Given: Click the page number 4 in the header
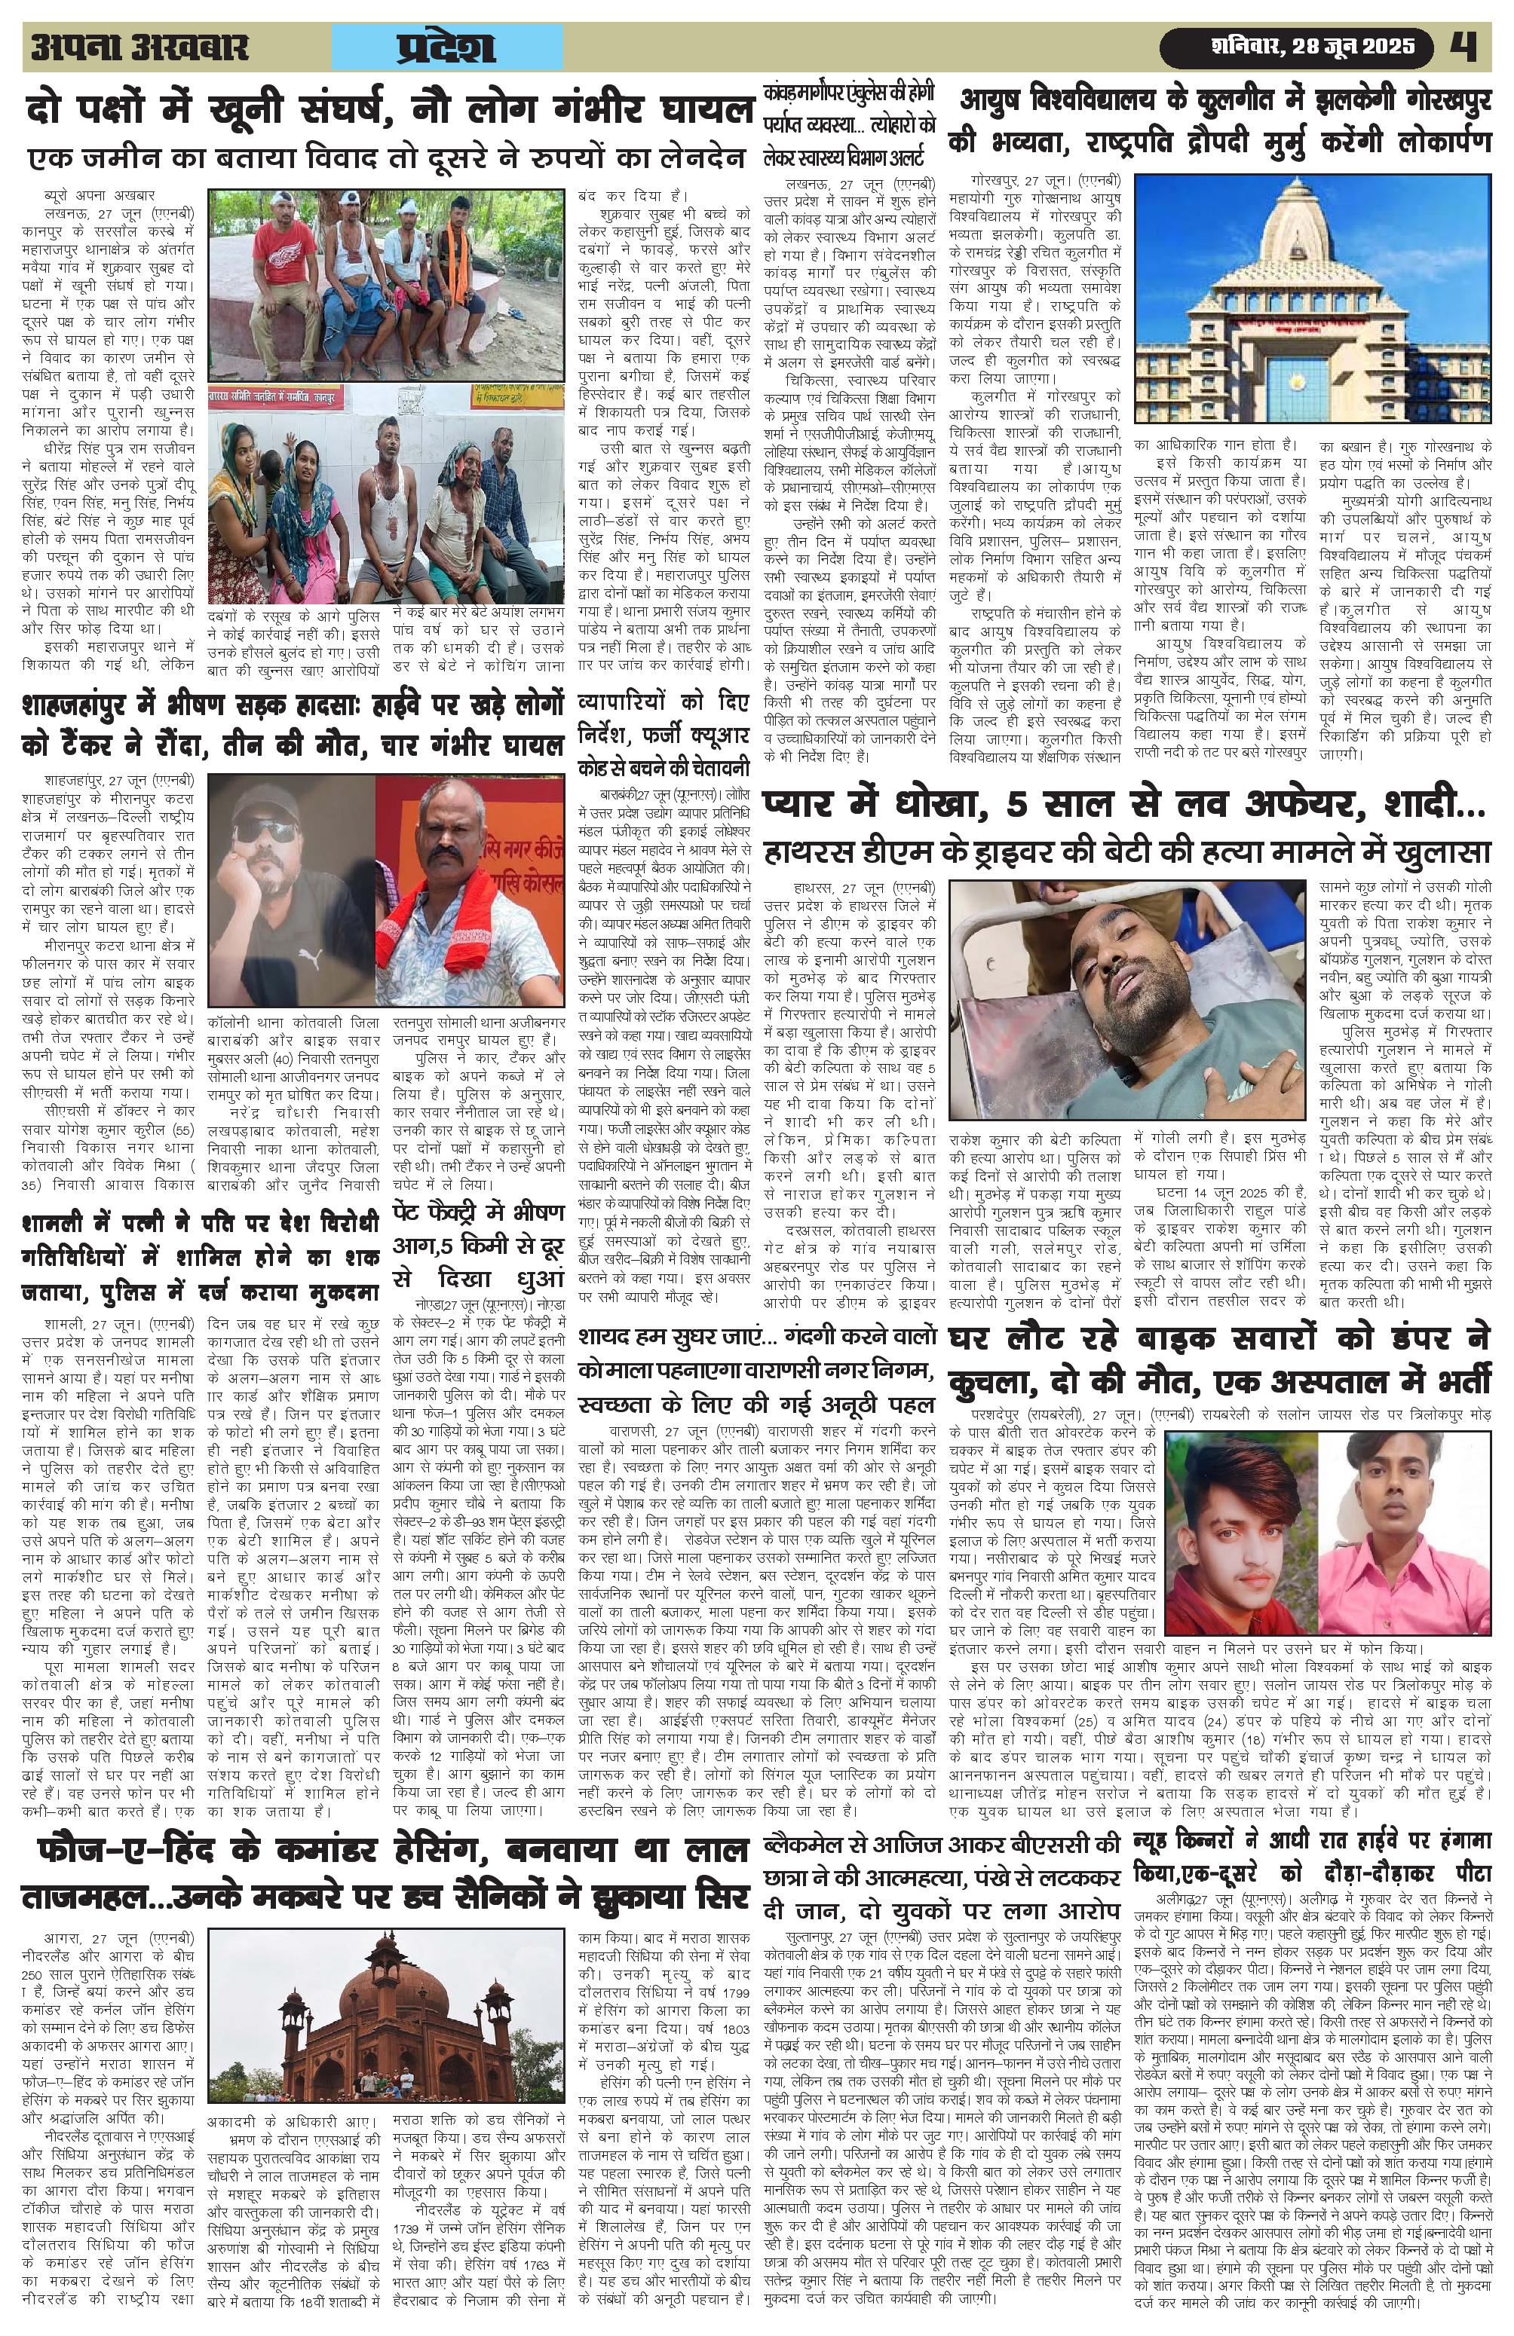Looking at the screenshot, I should pos(1469,46).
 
